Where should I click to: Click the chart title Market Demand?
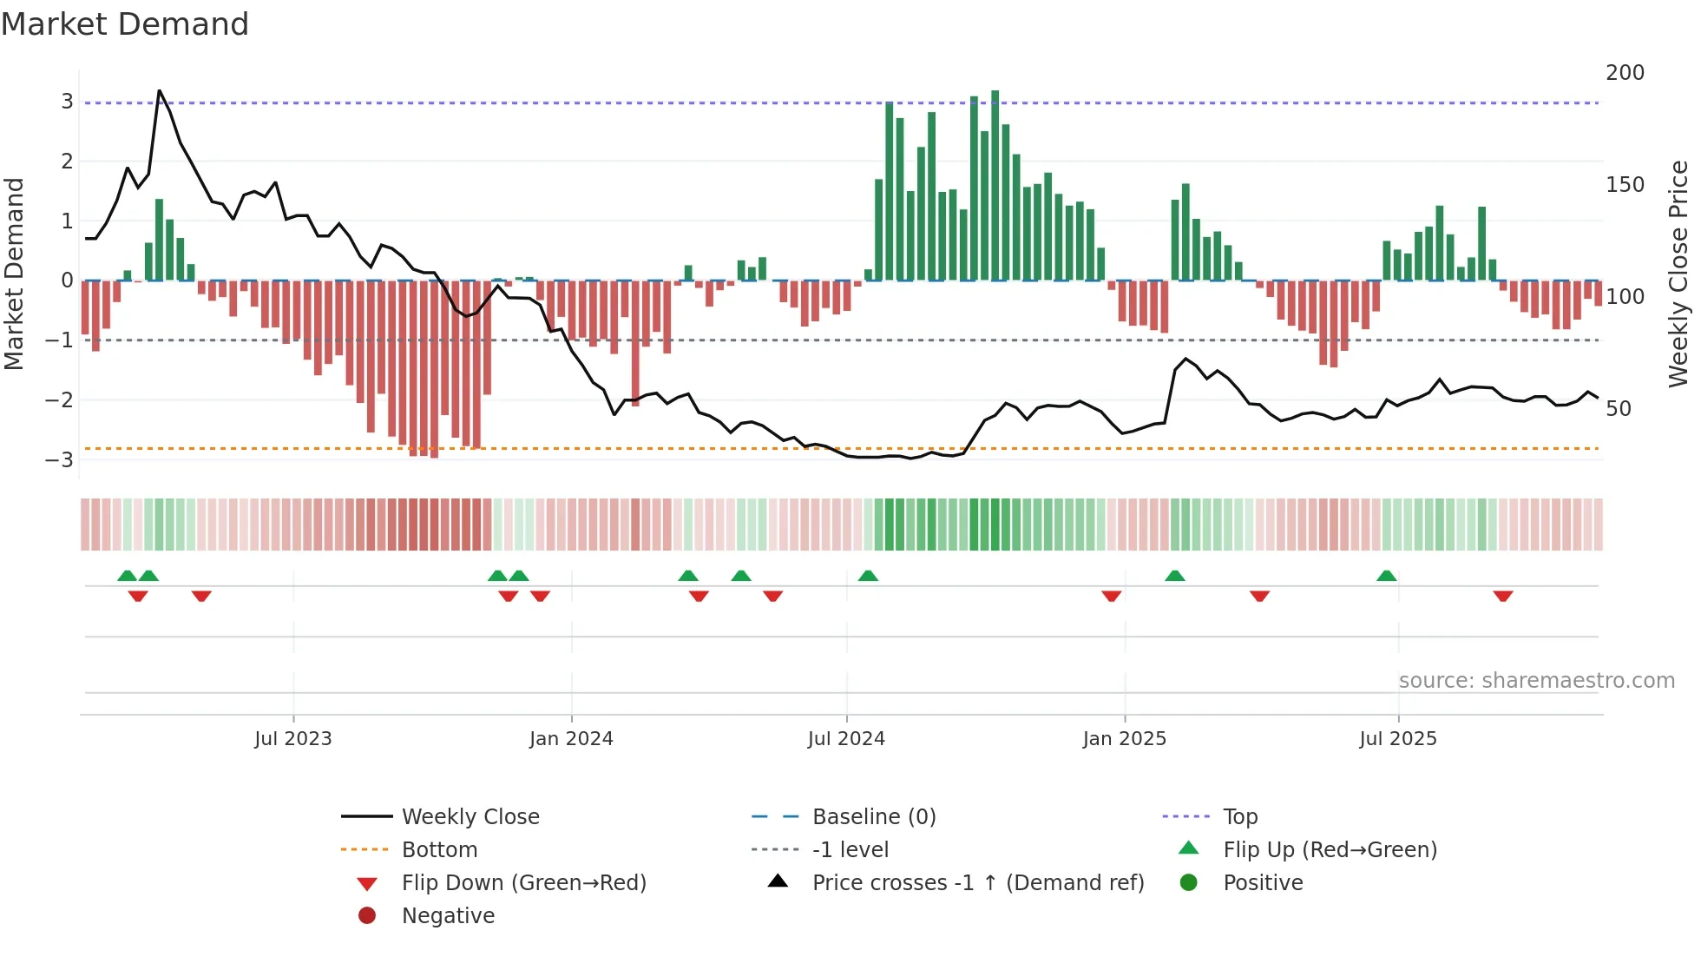[125, 24]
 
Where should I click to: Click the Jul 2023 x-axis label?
[292, 739]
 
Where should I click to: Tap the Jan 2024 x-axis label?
[571, 739]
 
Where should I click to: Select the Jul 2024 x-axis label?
[846, 739]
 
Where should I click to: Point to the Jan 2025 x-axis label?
[1124, 739]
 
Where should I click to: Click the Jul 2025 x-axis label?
[1397, 739]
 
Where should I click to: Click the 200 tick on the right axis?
[1625, 73]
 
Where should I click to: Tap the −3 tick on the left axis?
[60, 459]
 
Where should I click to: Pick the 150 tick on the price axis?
[1625, 185]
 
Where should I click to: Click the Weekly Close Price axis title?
[1678, 274]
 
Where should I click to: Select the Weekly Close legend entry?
[470, 817]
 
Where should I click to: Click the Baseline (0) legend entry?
[873, 817]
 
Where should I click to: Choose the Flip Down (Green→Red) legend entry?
[523, 883]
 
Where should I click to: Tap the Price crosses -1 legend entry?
[977, 883]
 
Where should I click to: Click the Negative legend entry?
[448, 916]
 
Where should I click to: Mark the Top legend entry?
[1239, 817]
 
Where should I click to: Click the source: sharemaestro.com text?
[1536, 681]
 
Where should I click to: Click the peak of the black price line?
[159, 91]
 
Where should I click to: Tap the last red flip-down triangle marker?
[1503, 596]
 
